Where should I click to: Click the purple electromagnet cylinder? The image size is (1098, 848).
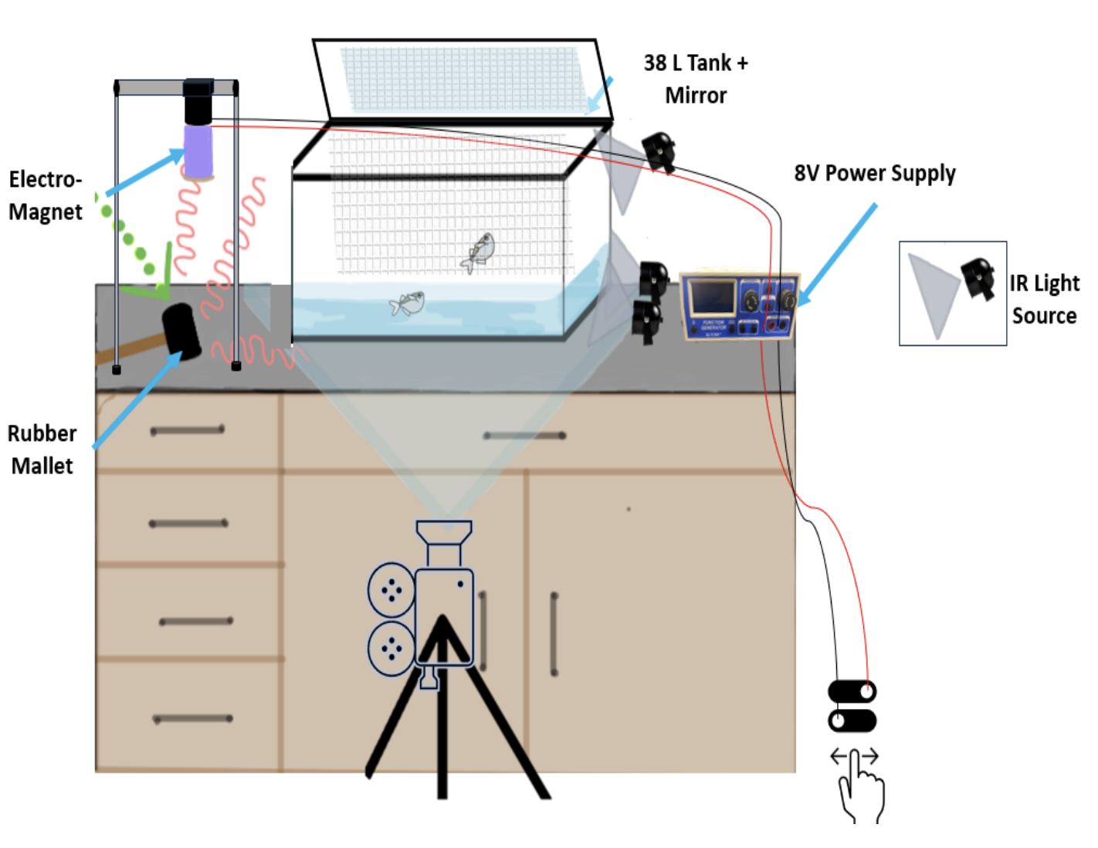(x=198, y=151)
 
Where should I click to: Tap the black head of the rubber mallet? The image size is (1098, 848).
(x=181, y=331)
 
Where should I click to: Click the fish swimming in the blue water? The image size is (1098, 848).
(x=408, y=304)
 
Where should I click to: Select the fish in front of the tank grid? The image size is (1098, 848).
(x=479, y=252)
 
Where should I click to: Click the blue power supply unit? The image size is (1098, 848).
(x=738, y=306)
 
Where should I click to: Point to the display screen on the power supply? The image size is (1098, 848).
(x=711, y=297)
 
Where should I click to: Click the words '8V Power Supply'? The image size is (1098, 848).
(x=874, y=173)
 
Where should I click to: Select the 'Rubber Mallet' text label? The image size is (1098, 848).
(x=42, y=449)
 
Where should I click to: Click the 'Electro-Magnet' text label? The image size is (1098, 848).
(x=45, y=195)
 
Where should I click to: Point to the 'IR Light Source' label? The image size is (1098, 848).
(x=1044, y=299)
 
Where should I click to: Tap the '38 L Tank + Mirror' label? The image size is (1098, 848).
(x=696, y=79)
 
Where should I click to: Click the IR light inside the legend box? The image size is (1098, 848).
(x=978, y=278)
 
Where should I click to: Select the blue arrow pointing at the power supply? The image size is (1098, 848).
(x=837, y=254)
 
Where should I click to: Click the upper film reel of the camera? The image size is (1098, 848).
(x=391, y=591)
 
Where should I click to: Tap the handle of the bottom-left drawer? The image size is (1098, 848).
(x=193, y=719)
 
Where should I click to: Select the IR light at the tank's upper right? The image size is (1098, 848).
(x=659, y=151)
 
